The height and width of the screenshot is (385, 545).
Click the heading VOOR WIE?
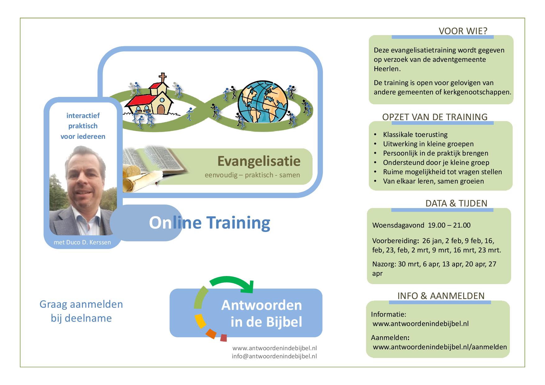[463, 31]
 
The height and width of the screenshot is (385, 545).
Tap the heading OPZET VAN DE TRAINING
[435, 117]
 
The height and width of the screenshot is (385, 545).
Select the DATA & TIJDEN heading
[456, 203]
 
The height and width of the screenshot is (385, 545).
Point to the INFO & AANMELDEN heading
[441, 296]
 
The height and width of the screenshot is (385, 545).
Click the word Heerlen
[387, 69]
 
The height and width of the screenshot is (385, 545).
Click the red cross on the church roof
[162, 77]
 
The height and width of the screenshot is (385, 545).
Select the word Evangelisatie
[259, 161]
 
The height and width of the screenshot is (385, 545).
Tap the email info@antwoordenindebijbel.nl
[274, 356]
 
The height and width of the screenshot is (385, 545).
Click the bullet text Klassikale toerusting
[415, 134]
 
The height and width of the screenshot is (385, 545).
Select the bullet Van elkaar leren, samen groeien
[433, 181]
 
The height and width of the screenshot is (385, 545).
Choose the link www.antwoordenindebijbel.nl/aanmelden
[440, 347]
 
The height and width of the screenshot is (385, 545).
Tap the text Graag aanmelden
[81, 304]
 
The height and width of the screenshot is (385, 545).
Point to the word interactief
[83, 115]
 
